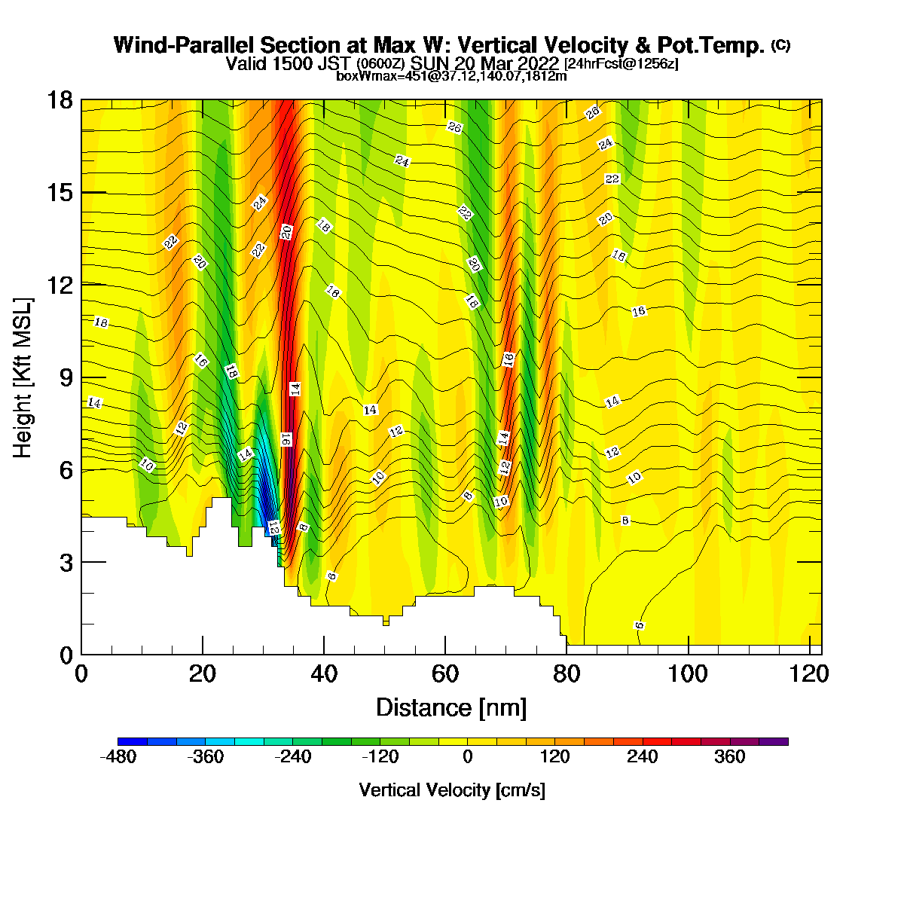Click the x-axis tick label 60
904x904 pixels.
(444, 674)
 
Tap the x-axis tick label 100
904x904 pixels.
(687, 674)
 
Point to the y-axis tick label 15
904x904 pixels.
(60, 193)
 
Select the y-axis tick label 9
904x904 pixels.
(66, 377)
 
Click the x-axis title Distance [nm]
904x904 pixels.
(450, 707)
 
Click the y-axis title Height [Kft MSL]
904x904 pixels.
(22, 377)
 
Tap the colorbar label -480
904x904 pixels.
(118, 756)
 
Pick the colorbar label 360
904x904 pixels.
(729, 756)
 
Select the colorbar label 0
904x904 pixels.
(467, 756)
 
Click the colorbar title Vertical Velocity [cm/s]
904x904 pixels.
(452, 790)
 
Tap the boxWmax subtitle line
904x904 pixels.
(451, 76)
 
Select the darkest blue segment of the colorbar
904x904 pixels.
(133, 741)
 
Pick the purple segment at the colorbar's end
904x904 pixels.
(773, 741)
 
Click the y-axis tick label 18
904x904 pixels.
(60, 99)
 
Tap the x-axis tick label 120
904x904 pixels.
(809, 674)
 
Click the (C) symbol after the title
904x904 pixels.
(780, 45)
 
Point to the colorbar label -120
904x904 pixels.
(380, 756)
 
